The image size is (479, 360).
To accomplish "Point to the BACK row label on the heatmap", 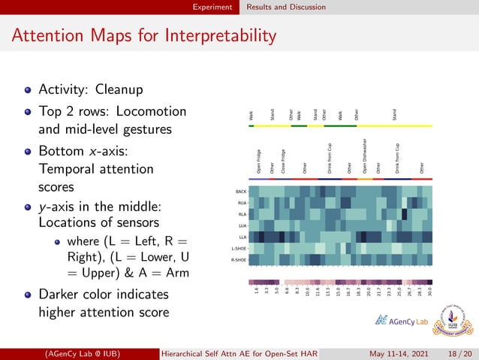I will tap(241, 192).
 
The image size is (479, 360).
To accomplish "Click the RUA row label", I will tap(242, 203).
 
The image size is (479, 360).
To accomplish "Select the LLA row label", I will tap(242, 237).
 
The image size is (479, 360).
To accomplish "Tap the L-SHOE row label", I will tap(239, 248).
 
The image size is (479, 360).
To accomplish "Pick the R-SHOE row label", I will tap(239, 259).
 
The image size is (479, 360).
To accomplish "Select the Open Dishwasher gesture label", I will tap(365, 156).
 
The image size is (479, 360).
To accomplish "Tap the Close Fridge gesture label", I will tap(283, 161).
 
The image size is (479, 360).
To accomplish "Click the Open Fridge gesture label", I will tap(259, 161).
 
